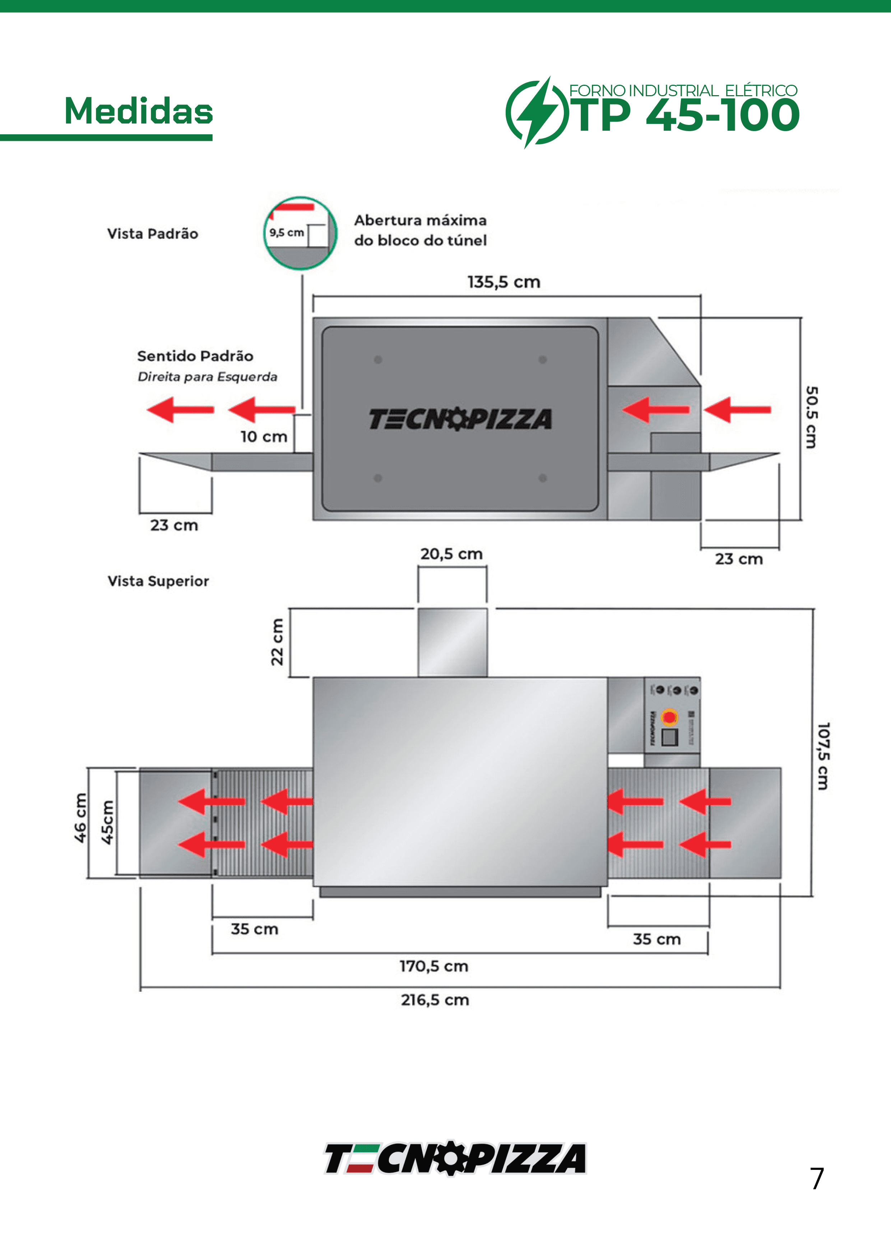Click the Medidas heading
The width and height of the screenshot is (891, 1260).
coord(138,111)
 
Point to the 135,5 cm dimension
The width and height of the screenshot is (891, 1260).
coord(503,282)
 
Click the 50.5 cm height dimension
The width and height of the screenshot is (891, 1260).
coord(811,417)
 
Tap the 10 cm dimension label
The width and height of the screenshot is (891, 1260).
coord(264,437)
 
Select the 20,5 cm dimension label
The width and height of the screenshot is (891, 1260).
coord(451,554)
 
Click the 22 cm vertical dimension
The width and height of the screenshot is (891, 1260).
coord(277,642)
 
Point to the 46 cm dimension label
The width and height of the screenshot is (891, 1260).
coord(80,818)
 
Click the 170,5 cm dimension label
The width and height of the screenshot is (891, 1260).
coord(434,966)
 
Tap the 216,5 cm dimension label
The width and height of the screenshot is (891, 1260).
coord(435,1000)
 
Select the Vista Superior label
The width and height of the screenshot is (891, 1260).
coord(158,581)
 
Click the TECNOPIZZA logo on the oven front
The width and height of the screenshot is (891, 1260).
coord(460,419)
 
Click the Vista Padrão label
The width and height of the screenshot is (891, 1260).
coord(153,234)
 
